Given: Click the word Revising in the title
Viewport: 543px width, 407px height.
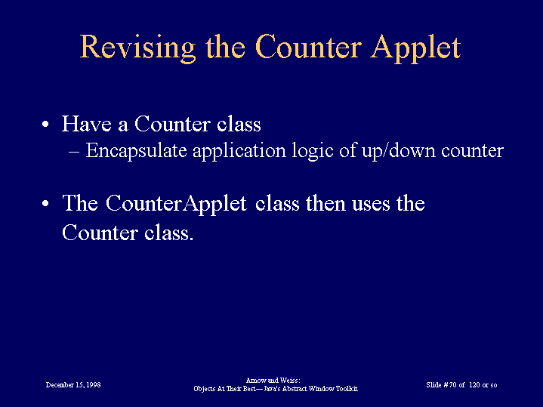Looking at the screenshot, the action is [x=138, y=48].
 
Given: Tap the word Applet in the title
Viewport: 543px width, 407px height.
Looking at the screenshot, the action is [x=415, y=48].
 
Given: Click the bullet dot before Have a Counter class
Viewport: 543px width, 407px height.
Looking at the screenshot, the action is [x=45, y=124].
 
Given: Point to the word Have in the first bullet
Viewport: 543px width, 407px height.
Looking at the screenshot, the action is [x=87, y=123].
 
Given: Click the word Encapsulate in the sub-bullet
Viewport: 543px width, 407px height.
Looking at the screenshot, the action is [x=137, y=151].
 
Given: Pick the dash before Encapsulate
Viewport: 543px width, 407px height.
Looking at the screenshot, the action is [x=74, y=152].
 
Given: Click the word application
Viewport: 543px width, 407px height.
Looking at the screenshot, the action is [x=239, y=151].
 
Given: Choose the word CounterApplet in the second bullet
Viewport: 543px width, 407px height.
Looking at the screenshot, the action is [x=176, y=203].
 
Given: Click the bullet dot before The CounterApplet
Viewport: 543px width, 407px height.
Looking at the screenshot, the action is [x=45, y=203].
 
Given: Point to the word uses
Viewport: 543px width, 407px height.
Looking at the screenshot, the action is [x=372, y=205].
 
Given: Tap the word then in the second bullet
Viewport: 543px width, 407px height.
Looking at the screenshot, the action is [x=325, y=203].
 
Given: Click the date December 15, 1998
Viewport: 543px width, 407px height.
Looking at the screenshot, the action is [x=73, y=385].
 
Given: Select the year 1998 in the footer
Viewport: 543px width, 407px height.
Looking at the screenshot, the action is [x=94, y=384].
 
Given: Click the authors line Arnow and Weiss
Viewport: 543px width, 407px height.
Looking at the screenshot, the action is [x=273, y=381].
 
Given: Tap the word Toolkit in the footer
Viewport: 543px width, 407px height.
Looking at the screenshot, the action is [x=347, y=389].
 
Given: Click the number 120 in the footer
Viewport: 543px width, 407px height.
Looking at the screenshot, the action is [x=475, y=385].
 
